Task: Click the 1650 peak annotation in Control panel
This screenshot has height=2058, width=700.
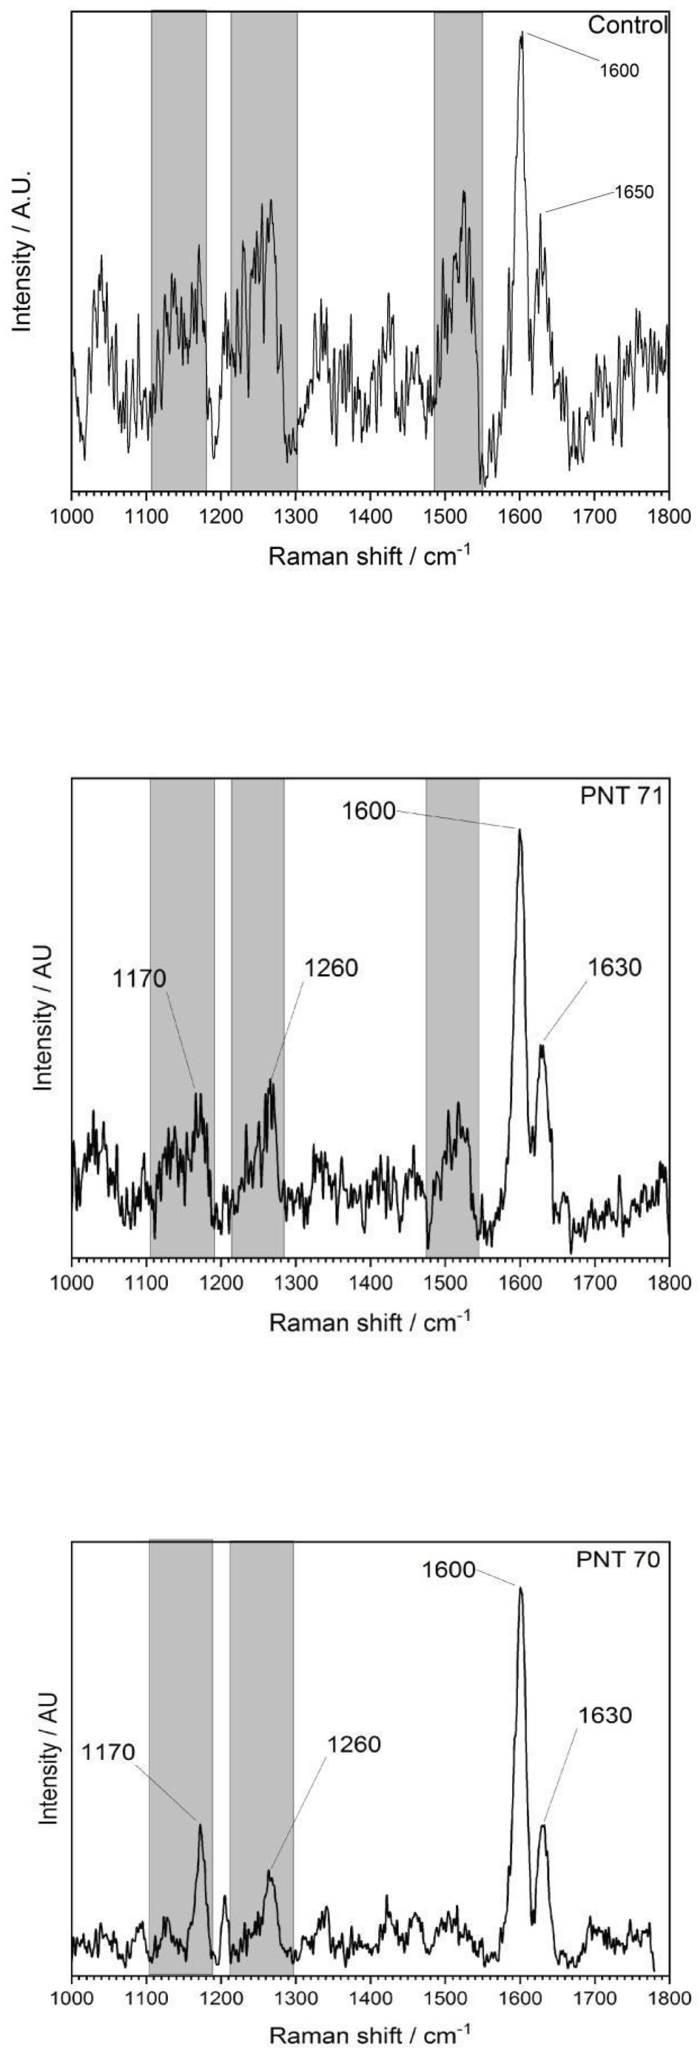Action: point(634,192)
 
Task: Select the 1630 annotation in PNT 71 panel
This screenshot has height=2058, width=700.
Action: point(614,968)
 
